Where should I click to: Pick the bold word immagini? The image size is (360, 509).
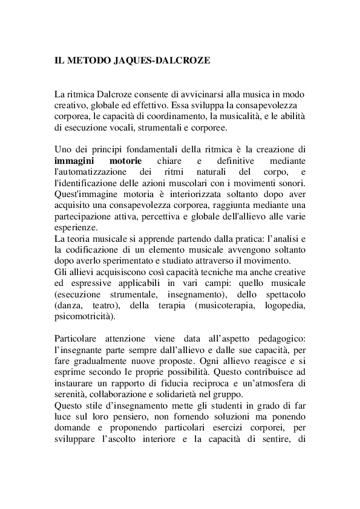pyautogui.click(x=73, y=161)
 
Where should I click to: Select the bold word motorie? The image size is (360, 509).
pyautogui.click(x=125, y=161)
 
